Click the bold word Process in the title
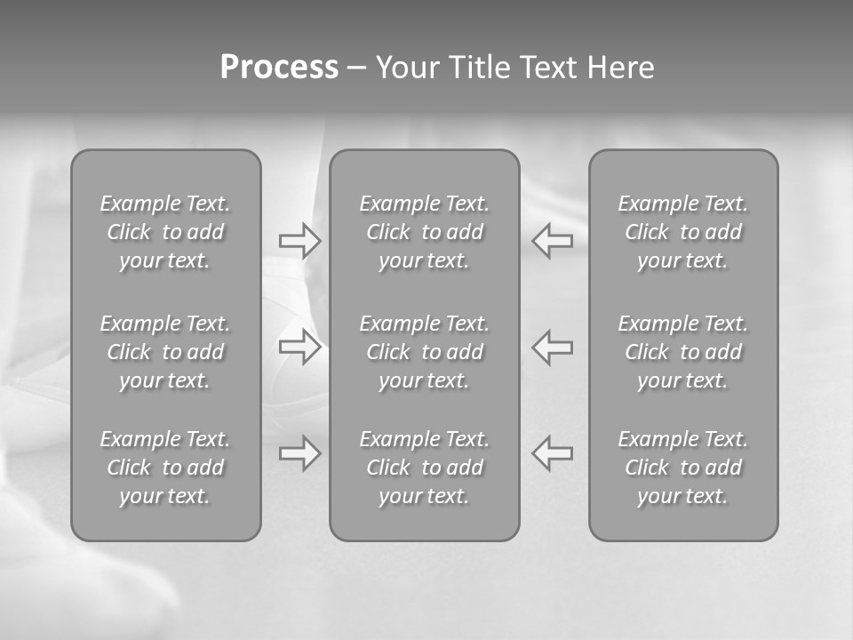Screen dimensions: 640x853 tap(279, 68)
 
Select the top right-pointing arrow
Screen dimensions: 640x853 tap(300, 241)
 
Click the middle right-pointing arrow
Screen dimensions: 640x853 tap(300, 347)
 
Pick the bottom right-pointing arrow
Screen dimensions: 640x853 tap(300, 453)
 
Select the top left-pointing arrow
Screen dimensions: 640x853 tap(552, 241)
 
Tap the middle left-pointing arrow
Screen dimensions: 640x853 tap(552, 347)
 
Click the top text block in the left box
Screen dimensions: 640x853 tap(165, 232)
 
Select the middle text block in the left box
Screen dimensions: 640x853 tap(165, 352)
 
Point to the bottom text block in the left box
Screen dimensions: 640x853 tap(165, 468)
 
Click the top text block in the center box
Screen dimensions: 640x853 tap(425, 232)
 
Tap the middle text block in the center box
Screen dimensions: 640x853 tap(425, 352)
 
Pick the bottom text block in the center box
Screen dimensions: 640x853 tap(425, 468)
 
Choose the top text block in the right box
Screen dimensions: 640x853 tap(683, 232)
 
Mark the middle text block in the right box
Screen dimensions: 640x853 tap(683, 352)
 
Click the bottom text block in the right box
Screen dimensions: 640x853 tap(683, 468)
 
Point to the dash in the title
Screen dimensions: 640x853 tap(356, 68)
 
